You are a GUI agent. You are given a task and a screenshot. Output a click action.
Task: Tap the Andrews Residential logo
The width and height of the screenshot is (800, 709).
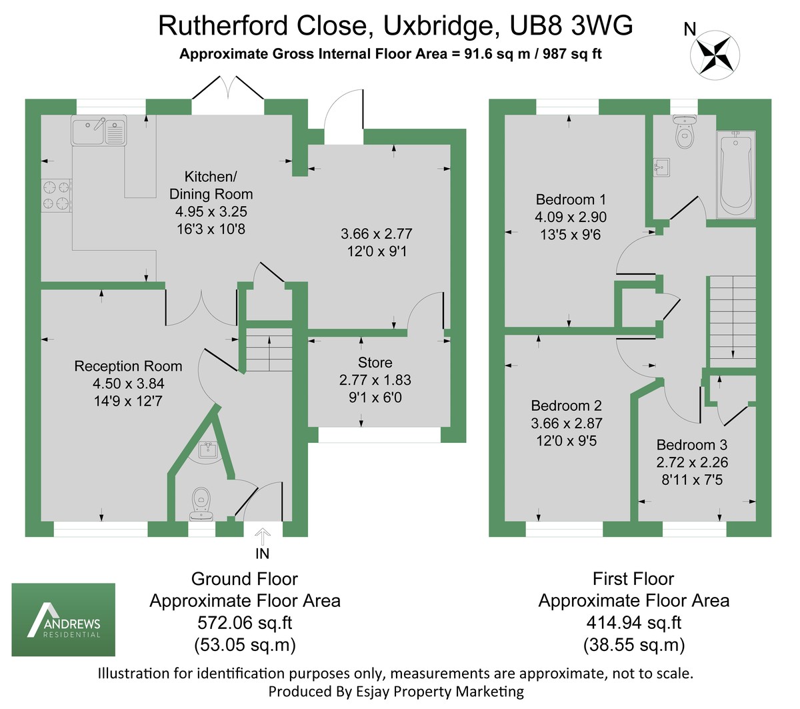tap(63, 620)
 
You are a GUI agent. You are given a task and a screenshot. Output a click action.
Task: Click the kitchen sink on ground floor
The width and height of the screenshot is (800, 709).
tap(99, 131)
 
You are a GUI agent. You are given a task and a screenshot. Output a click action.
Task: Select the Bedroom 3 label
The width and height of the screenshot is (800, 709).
tap(691, 445)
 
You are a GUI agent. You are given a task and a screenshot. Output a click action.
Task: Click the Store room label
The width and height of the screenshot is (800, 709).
tap(375, 363)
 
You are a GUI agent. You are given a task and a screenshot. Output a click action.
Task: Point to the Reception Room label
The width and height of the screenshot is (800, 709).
tap(128, 366)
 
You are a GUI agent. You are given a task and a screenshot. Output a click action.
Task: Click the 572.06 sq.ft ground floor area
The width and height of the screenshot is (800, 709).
tap(245, 623)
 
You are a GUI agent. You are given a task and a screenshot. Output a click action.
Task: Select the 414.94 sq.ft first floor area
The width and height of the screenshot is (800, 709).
tap(633, 623)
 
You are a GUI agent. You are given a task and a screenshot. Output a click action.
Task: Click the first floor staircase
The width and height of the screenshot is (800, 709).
tap(732, 320)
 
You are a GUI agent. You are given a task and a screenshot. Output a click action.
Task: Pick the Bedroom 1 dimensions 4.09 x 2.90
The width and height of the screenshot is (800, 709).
tap(570, 217)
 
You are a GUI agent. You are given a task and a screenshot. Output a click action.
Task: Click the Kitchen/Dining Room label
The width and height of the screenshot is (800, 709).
tap(211, 185)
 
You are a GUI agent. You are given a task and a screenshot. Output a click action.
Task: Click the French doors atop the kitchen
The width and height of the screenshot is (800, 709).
tap(229, 91)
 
